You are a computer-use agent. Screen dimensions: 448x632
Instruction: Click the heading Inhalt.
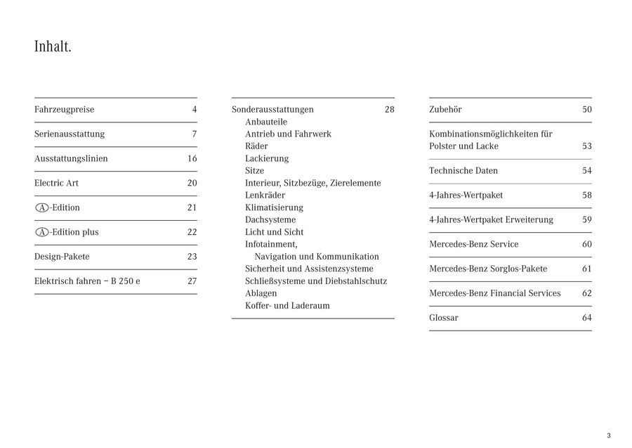point(53,47)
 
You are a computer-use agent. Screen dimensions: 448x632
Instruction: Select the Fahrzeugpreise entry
point(64,110)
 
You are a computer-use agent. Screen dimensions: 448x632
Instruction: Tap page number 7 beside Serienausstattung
point(194,134)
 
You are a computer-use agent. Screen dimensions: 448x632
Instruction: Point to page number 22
point(192,232)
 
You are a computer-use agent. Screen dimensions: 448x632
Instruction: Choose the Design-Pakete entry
point(62,257)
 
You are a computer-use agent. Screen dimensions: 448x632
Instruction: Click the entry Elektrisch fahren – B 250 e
point(87,281)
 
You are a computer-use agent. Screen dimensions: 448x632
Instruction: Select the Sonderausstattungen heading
point(272,110)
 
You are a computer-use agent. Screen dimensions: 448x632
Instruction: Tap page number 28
point(389,110)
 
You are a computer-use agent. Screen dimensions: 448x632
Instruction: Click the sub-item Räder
point(256,146)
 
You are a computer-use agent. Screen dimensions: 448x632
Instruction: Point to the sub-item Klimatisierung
point(274,207)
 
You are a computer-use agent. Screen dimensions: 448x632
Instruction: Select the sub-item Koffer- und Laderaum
point(287,306)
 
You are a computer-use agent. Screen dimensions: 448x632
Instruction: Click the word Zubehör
point(445,110)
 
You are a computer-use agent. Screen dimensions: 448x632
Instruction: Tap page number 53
point(586,146)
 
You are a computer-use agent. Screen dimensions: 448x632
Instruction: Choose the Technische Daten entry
point(463,171)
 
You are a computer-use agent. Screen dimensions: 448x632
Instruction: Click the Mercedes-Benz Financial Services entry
point(494,293)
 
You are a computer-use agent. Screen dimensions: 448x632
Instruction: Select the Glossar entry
point(444,318)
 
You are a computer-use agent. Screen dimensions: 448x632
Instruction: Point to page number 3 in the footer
point(608,435)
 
